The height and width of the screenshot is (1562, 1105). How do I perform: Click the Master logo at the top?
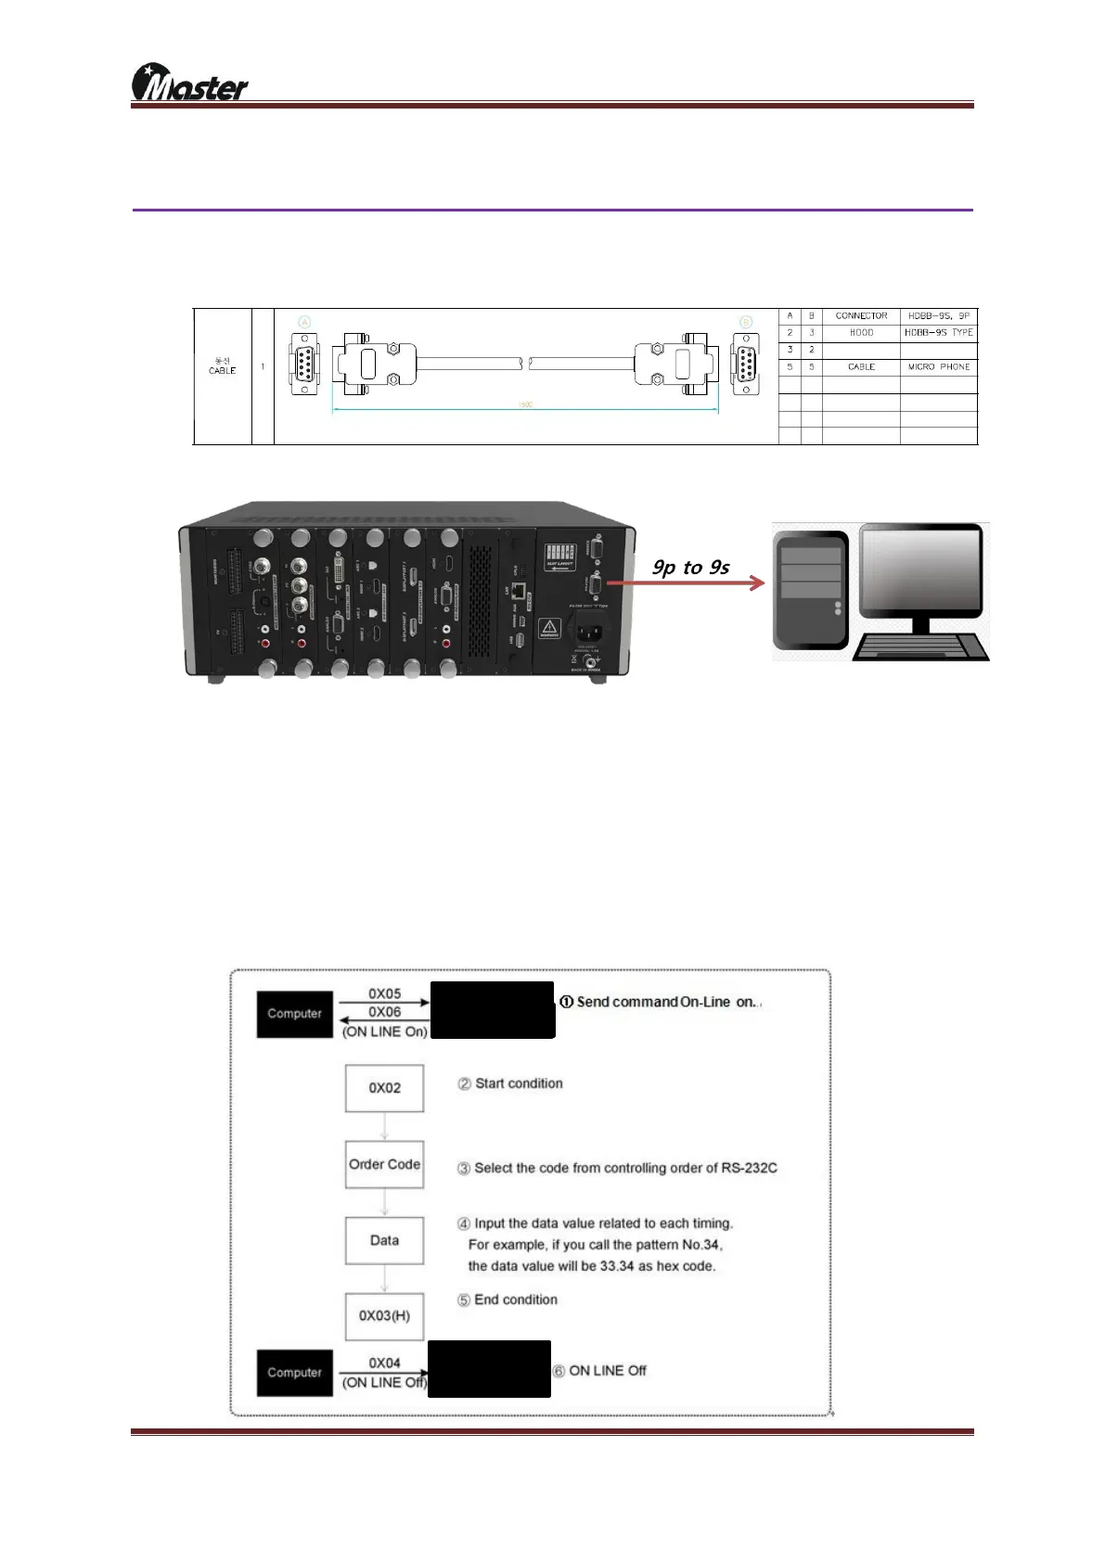pos(189,83)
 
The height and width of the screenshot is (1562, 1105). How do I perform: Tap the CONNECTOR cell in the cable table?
pos(861,316)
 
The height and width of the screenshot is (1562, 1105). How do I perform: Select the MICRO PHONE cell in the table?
pos(938,367)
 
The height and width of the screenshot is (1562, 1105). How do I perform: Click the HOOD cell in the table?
pos(861,333)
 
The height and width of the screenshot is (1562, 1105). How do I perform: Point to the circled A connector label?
pos(304,322)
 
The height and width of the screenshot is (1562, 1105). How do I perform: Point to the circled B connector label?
pos(746,322)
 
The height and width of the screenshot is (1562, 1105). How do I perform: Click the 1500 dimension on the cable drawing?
pos(525,405)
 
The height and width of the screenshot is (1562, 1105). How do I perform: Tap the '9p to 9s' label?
pos(691,567)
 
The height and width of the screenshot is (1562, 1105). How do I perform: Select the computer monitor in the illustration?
pos(919,575)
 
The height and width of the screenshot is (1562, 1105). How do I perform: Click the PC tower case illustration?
pos(810,591)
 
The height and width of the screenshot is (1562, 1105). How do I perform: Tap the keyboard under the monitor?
pos(920,647)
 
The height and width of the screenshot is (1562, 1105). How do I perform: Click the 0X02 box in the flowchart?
pos(384,1088)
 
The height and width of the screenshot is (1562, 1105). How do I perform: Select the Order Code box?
pos(384,1164)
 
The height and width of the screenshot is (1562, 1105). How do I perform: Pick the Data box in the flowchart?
pos(384,1240)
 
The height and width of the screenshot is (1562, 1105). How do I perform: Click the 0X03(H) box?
pos(384,1316)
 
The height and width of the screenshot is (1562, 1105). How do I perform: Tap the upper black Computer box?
pos(294,1014)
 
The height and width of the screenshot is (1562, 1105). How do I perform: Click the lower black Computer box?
pos(294,1373)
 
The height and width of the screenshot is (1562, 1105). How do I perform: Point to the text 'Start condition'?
pos(519,1083)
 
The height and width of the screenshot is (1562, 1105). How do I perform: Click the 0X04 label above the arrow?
pos(384,1363)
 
